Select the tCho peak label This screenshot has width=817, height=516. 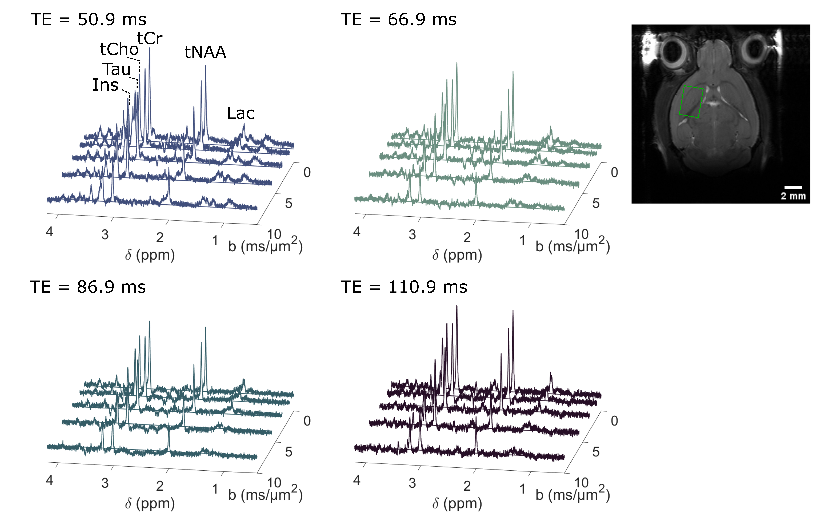[119, 50]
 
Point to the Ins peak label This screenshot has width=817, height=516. [105, 85]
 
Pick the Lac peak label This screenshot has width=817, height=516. [241, 113]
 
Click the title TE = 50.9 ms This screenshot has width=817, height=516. [88, 20]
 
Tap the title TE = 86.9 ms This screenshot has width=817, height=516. [87, 287]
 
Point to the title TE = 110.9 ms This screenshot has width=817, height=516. [404, 287]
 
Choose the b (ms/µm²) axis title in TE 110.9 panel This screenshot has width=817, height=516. [573, 494]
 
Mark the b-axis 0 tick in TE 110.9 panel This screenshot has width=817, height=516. [614, 421]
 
